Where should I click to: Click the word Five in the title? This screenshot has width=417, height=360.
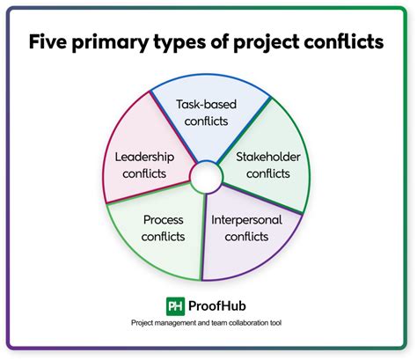(48, 41)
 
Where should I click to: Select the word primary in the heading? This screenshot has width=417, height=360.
(110, 43)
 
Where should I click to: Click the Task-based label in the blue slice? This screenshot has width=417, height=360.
(206, 105)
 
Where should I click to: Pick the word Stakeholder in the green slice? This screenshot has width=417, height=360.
(268, 157)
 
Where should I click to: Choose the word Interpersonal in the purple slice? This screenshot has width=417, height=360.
(246, 220)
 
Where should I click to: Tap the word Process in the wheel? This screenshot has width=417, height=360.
(164, 220)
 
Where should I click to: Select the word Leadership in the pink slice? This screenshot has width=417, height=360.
(144, 158)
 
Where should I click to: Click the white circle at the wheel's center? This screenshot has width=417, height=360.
(206, 177)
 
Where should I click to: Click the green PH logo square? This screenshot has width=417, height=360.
(175, 306)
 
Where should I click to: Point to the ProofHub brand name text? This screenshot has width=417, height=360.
(217, 306)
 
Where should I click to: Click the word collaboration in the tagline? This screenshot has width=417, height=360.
(249, 323)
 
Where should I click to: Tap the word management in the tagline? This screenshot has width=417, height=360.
(175, 323)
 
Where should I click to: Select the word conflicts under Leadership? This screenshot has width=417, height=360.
(144, 173)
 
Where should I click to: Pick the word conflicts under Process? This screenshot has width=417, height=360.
(164, 237)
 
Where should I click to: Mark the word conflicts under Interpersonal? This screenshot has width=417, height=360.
(246, 237)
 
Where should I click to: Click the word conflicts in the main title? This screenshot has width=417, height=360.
(344, 41)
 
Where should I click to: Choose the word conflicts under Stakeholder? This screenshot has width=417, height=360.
(268, 173)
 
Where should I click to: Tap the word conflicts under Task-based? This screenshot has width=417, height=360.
(206, 121)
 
